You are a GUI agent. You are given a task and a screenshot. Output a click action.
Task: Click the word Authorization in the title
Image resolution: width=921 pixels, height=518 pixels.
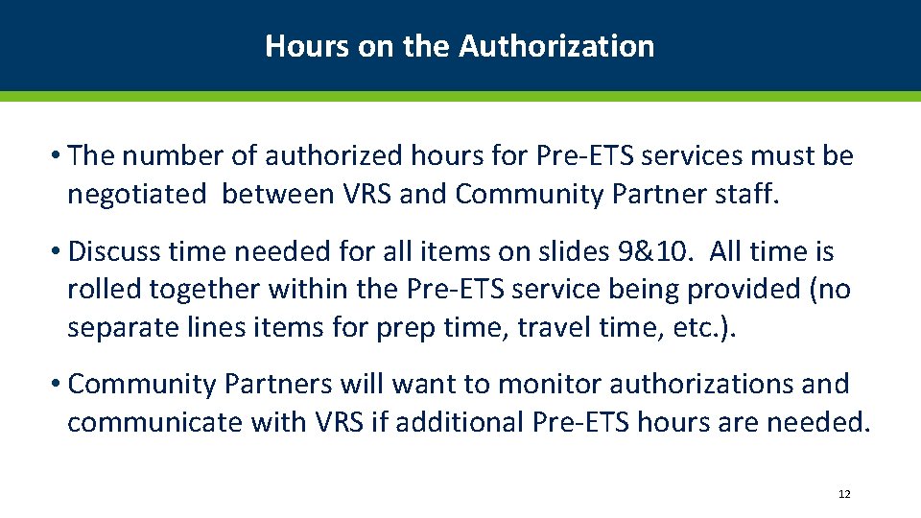[x=556, y=46]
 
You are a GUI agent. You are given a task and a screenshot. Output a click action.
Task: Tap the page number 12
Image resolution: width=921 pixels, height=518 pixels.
[x=844, y=494]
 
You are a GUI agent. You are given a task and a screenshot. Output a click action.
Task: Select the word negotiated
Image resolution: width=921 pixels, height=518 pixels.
[x=136, y=195]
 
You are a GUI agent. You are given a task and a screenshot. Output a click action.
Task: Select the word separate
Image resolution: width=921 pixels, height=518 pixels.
[x=125, y=328]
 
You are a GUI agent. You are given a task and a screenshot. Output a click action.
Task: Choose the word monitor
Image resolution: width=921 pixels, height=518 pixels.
[x=550, y=385]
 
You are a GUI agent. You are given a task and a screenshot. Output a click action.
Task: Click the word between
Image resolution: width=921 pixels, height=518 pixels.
[x=277, y=195]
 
